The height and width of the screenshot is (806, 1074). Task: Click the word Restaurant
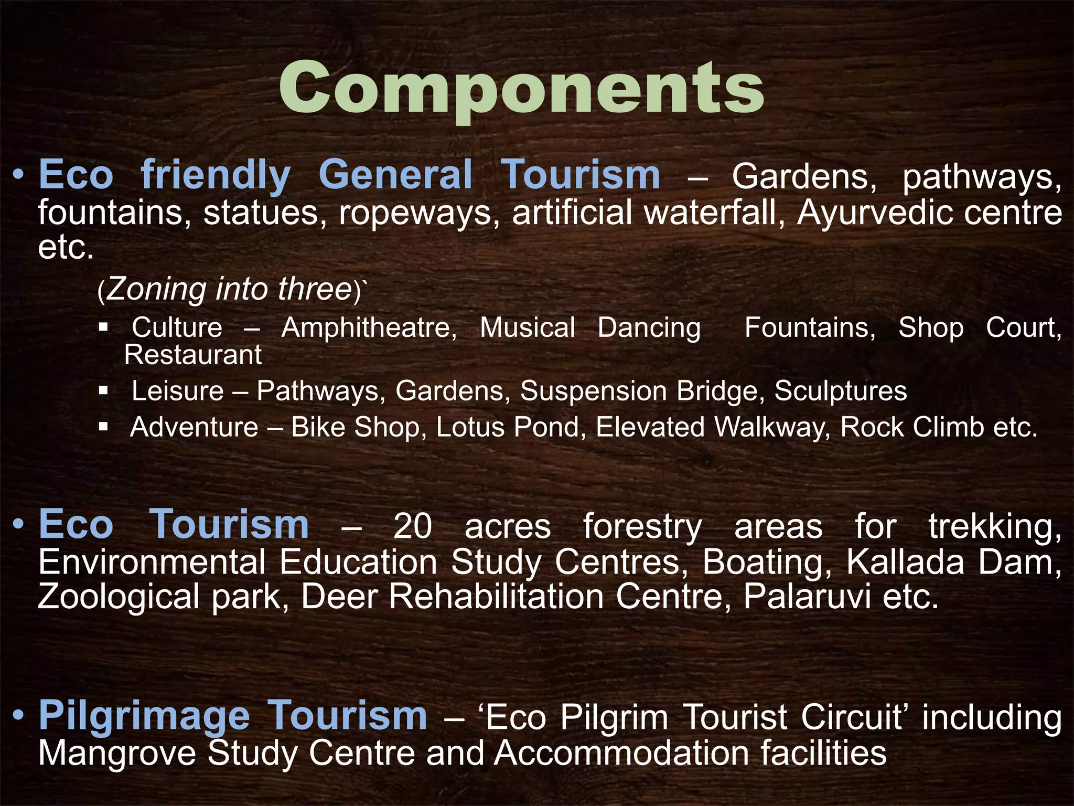[192, 355]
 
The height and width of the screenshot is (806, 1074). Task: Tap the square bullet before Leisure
[103, 390]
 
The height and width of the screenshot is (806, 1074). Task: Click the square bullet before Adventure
[103, 427]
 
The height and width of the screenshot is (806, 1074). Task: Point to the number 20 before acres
[413, 526]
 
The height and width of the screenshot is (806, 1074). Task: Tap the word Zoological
[119, 597]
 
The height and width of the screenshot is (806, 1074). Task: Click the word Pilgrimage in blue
[144, 716]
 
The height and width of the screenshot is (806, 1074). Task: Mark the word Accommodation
[621, 754]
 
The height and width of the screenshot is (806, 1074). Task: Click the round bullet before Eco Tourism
[19, 524]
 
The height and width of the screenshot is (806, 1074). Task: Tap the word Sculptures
[841, 391]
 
